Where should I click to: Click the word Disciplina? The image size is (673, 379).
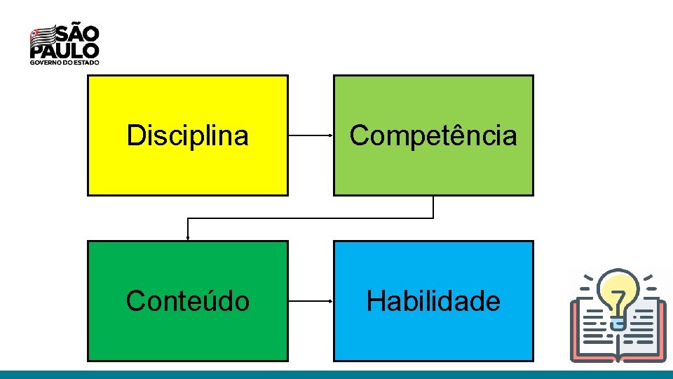[x=187, y=135]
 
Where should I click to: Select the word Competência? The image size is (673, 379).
[x=433, y=135]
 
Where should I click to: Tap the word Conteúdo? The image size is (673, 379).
[x=187, y=301]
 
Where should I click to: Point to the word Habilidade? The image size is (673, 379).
[x=433, y=301]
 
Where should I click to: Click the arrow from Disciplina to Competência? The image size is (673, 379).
[x=310, y=135]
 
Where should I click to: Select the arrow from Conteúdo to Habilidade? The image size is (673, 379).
[x=310, y=301]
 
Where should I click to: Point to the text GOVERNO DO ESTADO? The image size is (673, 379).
[x=64, y=62]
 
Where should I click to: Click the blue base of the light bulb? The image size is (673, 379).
[x=618, y=322]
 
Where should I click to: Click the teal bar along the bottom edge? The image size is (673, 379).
[x=336, y=374]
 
